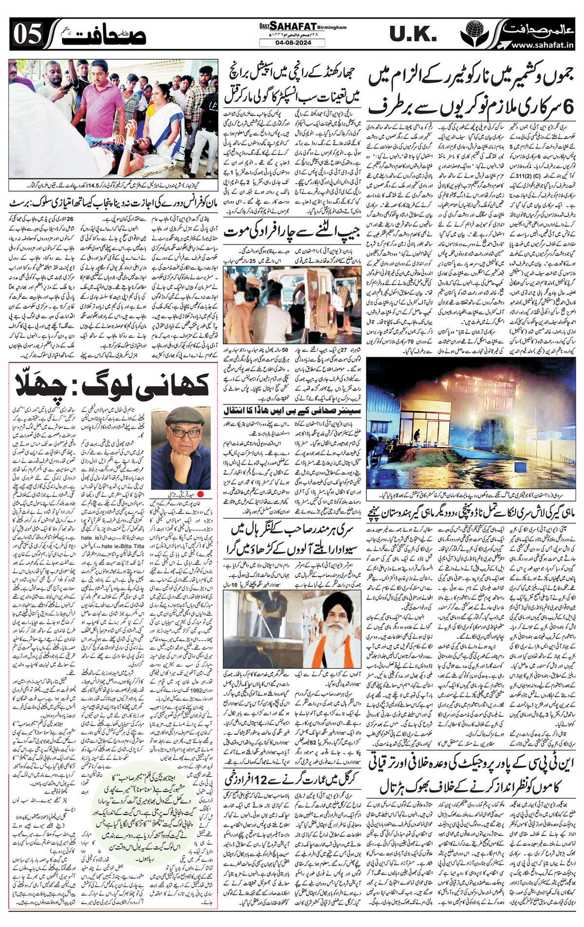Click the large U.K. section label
(413, 35)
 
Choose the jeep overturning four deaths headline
(291, 232)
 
